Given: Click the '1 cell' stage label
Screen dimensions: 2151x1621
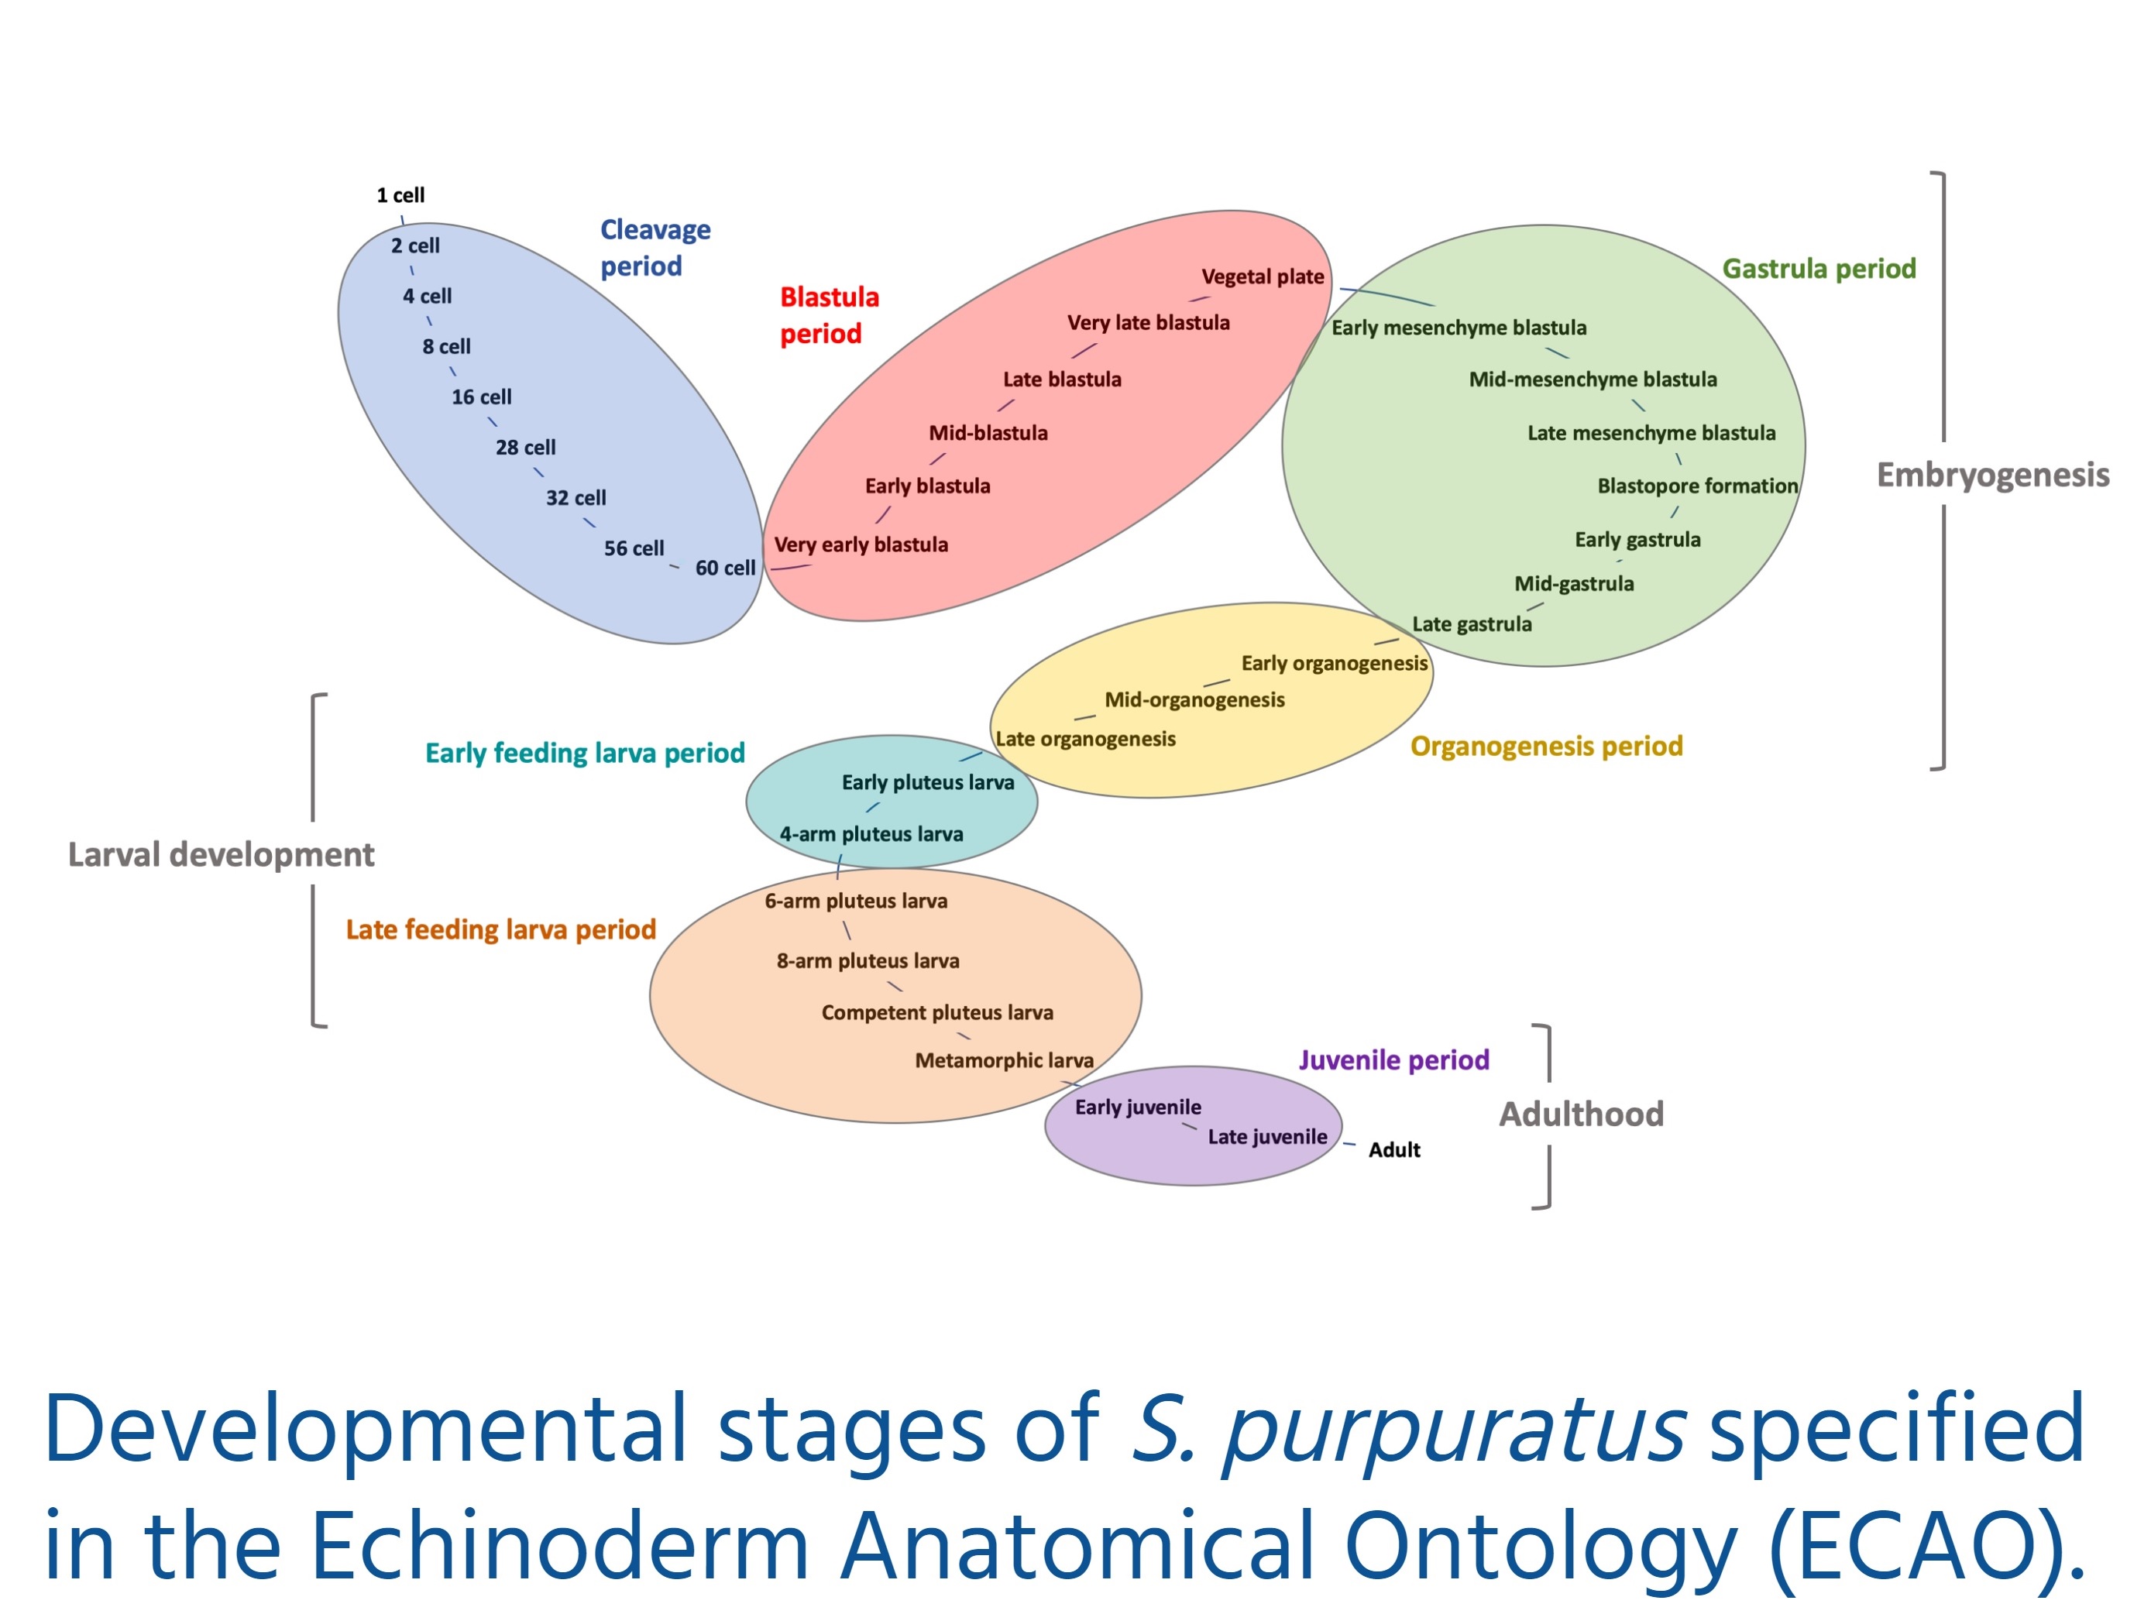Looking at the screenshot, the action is point(400,194).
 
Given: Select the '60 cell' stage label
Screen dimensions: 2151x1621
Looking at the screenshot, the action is point(724,568).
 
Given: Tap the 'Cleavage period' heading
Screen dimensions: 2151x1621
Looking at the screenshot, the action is point(655,247).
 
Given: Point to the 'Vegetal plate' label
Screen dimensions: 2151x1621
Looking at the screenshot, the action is point(1263,277).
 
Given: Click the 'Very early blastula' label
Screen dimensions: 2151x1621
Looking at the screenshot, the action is point(861,544).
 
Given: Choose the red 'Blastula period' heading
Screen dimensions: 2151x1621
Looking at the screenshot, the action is point(830,315).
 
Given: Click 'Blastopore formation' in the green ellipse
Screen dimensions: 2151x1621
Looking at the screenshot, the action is point(1697,486).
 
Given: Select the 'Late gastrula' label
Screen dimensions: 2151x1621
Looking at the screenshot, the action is point(1471,624).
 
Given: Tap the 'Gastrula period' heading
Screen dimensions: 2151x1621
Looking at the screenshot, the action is point(1819,269).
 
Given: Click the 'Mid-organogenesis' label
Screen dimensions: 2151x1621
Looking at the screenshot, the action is point(1194,700).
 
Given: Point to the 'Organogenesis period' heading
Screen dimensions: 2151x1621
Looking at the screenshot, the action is point(1546,746).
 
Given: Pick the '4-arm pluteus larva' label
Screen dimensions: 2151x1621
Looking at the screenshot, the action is point(871,834).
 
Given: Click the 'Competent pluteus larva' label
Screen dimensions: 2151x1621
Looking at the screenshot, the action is point(937,1012).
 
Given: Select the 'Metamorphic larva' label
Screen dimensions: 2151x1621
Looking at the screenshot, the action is point(1004,1060).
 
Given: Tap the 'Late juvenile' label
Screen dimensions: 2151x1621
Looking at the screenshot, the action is point(1267,1137).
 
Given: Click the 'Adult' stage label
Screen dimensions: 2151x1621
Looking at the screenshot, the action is point(1393,1149).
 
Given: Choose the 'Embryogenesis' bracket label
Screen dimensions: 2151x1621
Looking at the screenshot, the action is point(1992,475).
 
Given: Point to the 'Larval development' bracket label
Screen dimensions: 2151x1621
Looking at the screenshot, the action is point(221,855).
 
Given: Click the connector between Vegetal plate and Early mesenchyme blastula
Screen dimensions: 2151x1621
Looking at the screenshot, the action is point(1386,297).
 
